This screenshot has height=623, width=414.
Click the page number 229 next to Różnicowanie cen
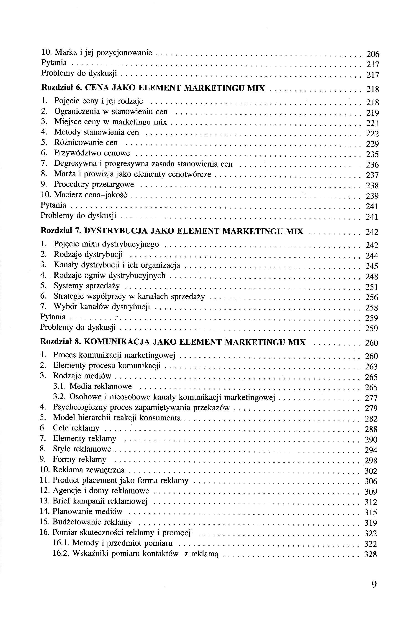point(373,144)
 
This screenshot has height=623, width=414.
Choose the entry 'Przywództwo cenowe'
point(92,153)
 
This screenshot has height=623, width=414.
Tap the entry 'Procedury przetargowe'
point(94,184)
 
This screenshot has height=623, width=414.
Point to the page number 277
point(371,398)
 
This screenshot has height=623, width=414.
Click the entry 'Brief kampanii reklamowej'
point(100,501)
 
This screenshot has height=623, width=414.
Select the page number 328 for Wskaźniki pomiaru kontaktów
point(370,554)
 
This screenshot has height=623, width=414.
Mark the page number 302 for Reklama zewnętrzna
point(371,471)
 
